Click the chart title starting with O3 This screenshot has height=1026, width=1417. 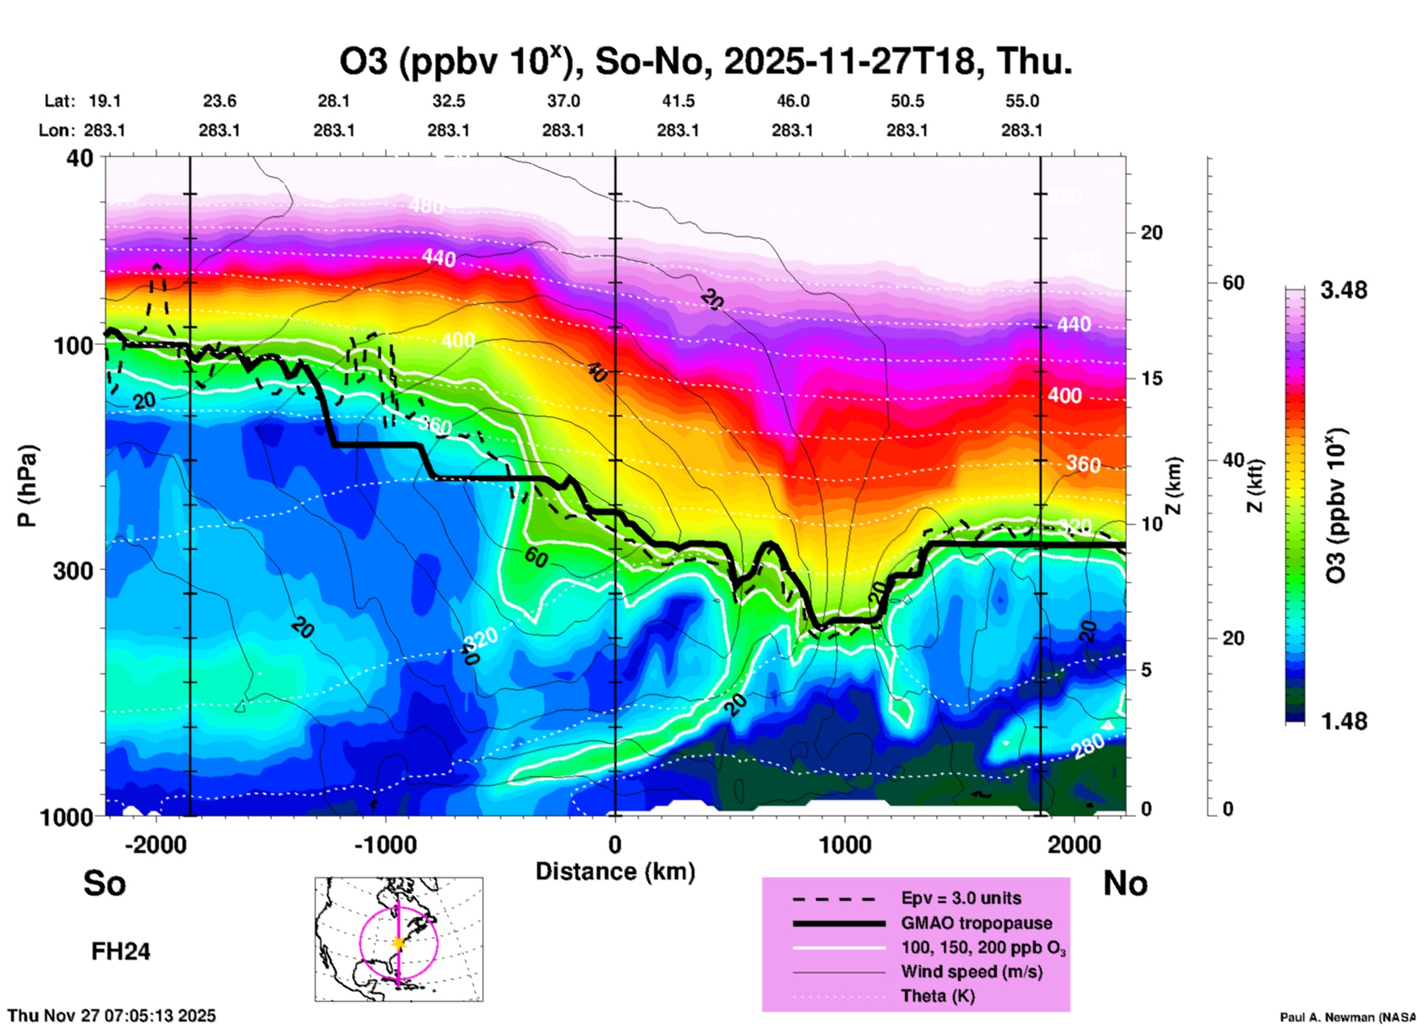(705, 61)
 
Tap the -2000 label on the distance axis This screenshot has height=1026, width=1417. (156, 845)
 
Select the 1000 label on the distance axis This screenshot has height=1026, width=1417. (845, 845)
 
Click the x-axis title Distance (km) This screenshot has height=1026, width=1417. (615, 871)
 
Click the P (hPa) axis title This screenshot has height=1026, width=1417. (27, 486)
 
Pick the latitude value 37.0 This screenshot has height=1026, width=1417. (564, 101)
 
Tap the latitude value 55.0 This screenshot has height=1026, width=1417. (1022, 101)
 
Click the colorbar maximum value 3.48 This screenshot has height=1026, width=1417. (1343, 291)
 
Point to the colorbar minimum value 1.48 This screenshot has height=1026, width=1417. (1343, 721)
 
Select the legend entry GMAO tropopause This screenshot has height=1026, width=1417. (976, 923)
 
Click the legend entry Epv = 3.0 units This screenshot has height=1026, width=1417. (961, 898)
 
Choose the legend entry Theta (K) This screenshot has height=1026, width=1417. (937, 997)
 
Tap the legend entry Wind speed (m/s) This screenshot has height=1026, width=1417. (971, 972)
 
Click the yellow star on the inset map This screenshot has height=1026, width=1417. (399, 943)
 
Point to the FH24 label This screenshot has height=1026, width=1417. (121, 952)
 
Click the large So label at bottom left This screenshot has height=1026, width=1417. (104, 883)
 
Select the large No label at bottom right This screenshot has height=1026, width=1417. (1125, 883)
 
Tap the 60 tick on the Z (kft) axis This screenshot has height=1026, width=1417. (1233, 283)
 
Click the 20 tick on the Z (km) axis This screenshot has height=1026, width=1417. (1151, 233)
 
